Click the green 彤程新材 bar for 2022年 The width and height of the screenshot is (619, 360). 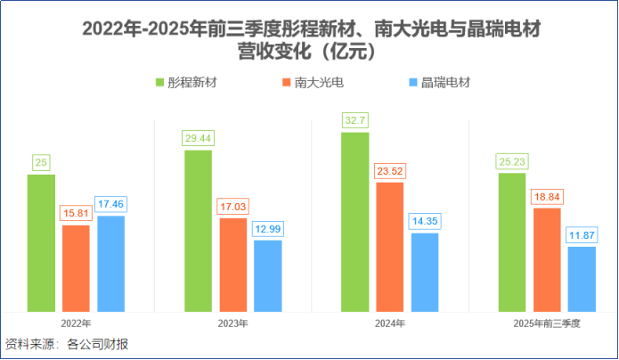click(x=41, y=242)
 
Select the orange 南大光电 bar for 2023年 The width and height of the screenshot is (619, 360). click(x=232, y=265)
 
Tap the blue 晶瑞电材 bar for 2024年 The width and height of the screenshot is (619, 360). click(x=425, y=272)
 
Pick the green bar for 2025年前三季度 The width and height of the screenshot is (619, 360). click(x=511, y=242)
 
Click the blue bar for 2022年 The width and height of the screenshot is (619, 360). click(x=110, y=264)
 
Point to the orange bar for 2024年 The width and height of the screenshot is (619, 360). click(x=389, y=247)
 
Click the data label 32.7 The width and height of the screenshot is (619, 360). click(x=354, y=120)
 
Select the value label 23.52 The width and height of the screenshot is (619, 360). click(x=389, y=170)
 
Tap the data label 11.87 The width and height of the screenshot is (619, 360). click(x=582, y=234)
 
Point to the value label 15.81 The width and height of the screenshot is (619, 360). click(x=76, y=213)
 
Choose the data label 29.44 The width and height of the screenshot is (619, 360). click(x=198, y=138)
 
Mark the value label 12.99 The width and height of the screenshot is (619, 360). click(x=267, y=228)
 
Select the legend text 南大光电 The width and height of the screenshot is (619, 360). click(x=319, y=83)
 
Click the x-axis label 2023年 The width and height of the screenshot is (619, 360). click(x=232, y=323)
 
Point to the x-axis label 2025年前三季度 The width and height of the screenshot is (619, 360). click(x=546, y=323)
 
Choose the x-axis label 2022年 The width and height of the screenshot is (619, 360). click(x=76, y=323)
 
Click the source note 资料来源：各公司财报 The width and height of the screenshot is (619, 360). click(x=67, y=344)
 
